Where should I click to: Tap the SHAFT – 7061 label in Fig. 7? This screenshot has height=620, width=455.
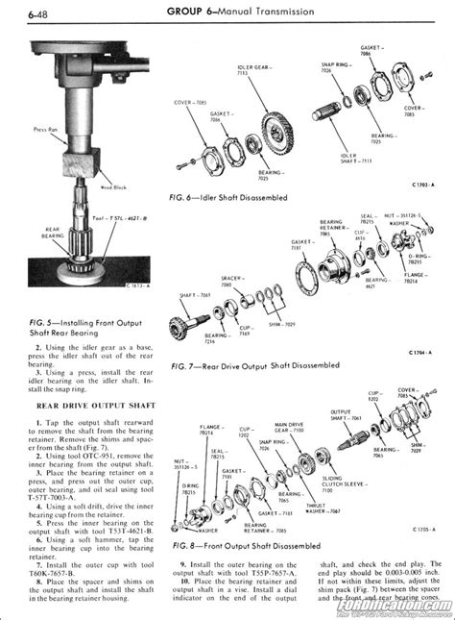tap(192, 295)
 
